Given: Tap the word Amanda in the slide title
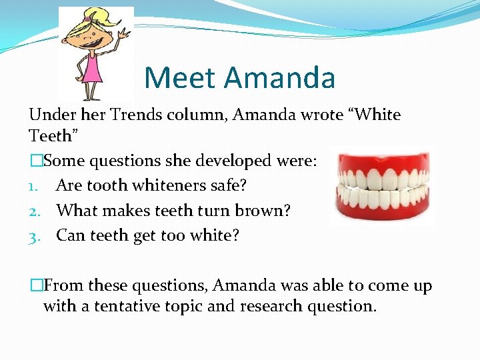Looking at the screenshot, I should [x=279, y=78].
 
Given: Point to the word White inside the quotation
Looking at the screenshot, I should [x=375, y=115].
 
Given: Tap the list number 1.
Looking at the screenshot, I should [x=34, y=186].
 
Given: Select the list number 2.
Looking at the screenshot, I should [x=35, y=211].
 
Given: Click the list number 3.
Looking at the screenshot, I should [x=35, y=235].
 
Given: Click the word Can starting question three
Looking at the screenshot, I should [x=70, y=235].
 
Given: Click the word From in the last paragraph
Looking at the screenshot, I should [x=64, y=285].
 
